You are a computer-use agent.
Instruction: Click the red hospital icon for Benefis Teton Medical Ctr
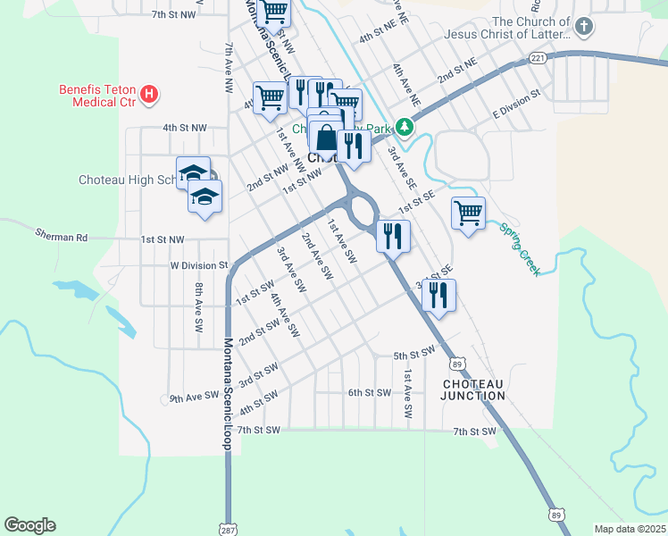[x=150, y=93]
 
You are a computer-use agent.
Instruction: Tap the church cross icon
[x=584, y=28]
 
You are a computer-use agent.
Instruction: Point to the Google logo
[x=29, y=525]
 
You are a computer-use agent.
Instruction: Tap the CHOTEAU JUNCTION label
[x=474, y=389]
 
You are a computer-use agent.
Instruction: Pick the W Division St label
[x=199, y=265]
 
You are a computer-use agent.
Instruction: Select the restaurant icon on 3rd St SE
[x=438, y=295]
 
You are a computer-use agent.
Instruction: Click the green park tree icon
[x=405, y=128]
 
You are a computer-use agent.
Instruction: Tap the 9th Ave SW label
[x=194, y=395]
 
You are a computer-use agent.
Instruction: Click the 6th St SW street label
[x=370, y=392]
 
